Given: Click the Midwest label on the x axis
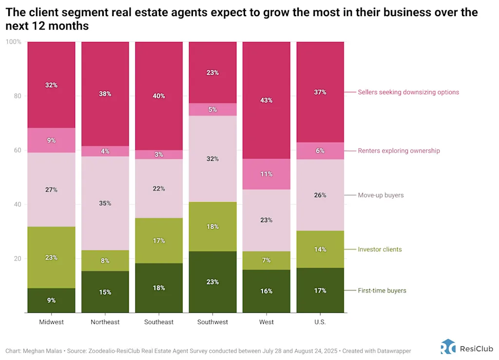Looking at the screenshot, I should (51, 322).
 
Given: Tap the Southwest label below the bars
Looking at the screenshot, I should (212, 322).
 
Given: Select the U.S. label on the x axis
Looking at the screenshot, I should (320, 322).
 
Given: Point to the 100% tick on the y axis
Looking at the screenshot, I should (14, 42).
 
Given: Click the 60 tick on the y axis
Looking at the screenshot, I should (17, 150).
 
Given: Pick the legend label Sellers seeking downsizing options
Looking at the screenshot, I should (408, 92).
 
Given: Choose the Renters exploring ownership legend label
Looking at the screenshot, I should (399, 151).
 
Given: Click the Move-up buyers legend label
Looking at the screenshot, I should (381, 195).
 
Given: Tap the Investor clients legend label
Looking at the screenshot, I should (380, 249).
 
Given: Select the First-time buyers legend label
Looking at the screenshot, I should (382, 290).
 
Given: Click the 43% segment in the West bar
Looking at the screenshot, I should (267, 100).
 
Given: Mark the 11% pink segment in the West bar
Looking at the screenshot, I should (267, 174).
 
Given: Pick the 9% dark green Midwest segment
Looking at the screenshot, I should (51, 300).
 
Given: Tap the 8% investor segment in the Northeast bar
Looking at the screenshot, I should (105, 261).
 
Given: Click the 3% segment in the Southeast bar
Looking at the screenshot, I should (159, 154).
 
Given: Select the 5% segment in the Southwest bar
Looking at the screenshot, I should (212, 109).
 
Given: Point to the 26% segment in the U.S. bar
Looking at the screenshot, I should (320, 195).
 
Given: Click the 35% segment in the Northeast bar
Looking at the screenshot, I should (105, 203).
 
